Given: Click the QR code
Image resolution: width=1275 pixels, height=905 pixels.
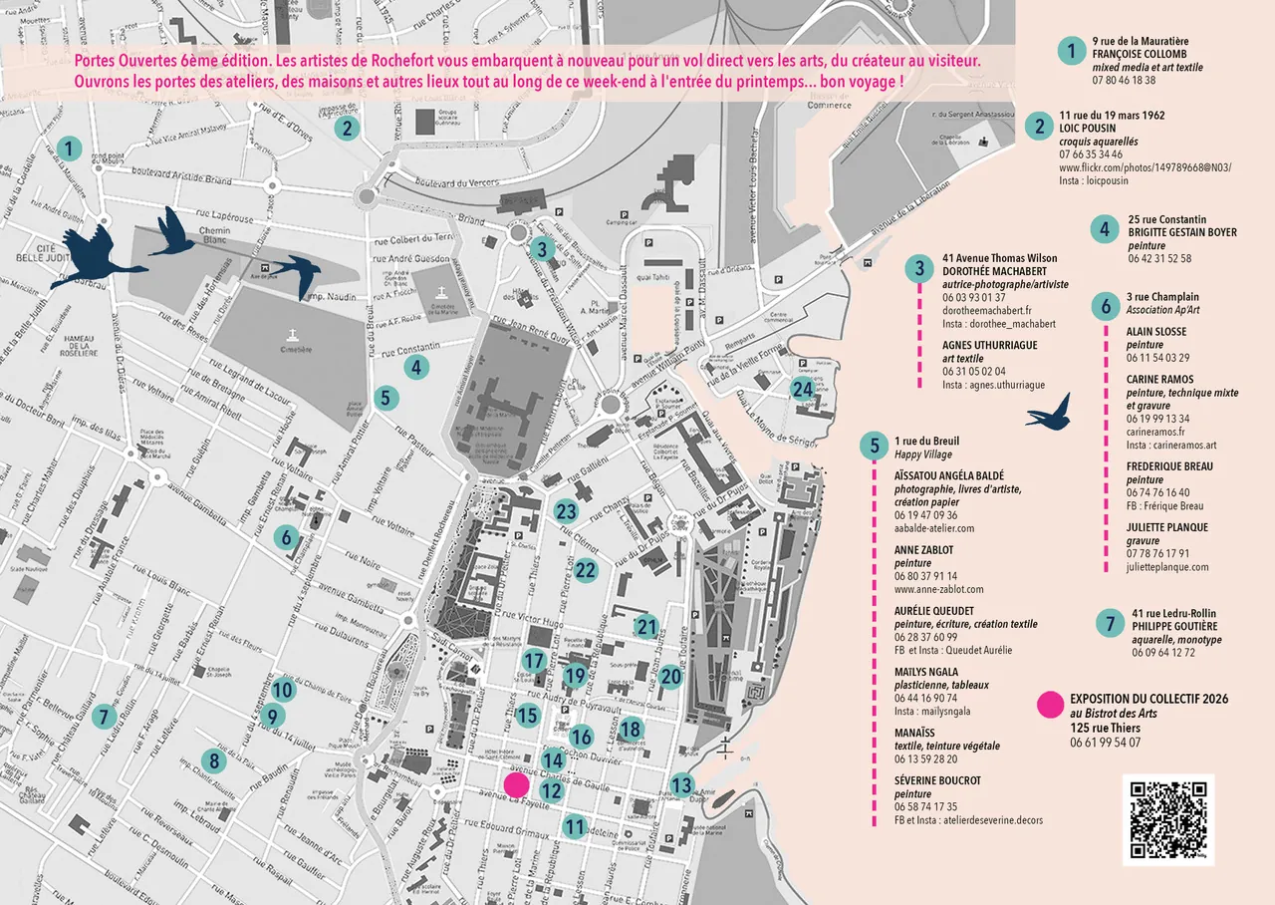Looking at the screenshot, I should pyautogui.click(x=1168, y=818).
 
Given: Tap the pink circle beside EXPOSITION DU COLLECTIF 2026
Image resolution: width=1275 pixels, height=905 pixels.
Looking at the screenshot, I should pyautogui.click(x=1050, y=706).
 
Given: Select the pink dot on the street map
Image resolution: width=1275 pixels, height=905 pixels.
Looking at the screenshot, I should pyautogui.click(x=516, y=784).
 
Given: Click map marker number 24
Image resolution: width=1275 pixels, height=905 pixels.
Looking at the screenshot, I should pyautogui.click(x=803, y=389).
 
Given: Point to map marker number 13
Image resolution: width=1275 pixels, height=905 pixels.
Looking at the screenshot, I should pyautogui.click(x=681, y=784).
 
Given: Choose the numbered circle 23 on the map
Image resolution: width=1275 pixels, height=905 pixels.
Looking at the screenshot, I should pyautogui.click(x=566, y=512).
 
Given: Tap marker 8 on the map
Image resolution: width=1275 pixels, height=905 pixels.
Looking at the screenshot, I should pyautogui.click(x=210, y=760).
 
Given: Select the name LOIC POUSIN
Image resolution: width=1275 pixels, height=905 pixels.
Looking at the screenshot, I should pyautogui.click(x=1087, y=129).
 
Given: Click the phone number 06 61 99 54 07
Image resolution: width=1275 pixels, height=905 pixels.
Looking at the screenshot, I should pyautogui.click(x=1106, y=743).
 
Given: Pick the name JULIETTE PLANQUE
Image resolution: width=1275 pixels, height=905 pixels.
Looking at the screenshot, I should pyautogui.click(x=1166, y=528).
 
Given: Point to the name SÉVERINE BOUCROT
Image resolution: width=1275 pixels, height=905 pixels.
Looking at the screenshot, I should pyautogui.click(x=937, y=780).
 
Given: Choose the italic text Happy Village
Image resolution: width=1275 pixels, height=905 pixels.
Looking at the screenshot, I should pyautogui.click(x=922, y=454).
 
